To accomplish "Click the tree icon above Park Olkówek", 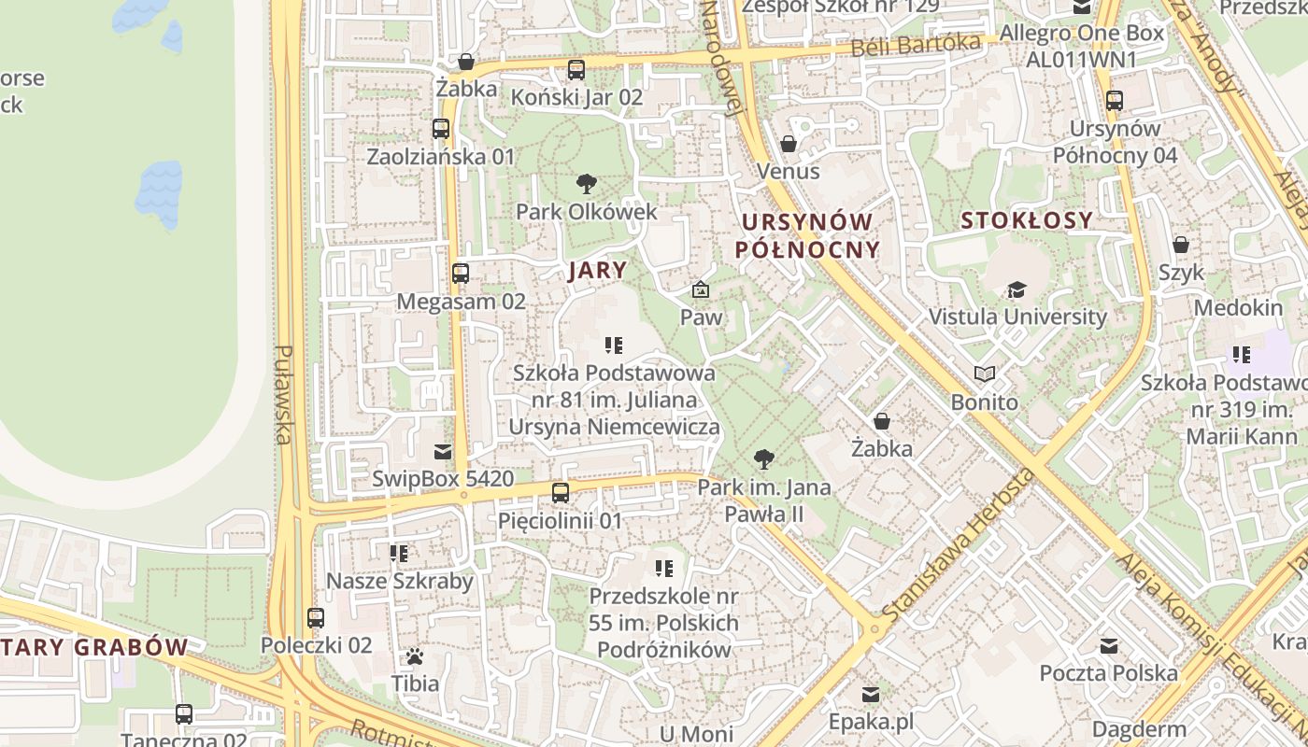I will pos(587,183).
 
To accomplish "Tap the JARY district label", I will pos(597,271).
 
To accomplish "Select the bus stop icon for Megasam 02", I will pos(461,274).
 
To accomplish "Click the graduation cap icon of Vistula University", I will pos(1017,289).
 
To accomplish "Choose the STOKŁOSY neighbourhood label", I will pos(1027,220).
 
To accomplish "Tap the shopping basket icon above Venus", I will pos(789,144).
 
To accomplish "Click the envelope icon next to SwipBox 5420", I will pos(443,452).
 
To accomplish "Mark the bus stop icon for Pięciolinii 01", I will pos(561,492).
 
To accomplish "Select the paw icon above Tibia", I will pos(415,655).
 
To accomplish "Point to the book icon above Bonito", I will pos(985,374).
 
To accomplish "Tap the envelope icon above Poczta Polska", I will pos(1109,645).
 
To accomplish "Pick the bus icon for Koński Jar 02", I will pos(576,69).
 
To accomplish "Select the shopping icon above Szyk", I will pos(1181,245).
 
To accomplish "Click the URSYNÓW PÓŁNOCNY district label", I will pos(807,235).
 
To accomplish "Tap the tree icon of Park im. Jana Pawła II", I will pos(764,458).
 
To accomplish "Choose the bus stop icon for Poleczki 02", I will pos(316,617).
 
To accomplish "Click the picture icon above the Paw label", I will pos(701,289).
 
